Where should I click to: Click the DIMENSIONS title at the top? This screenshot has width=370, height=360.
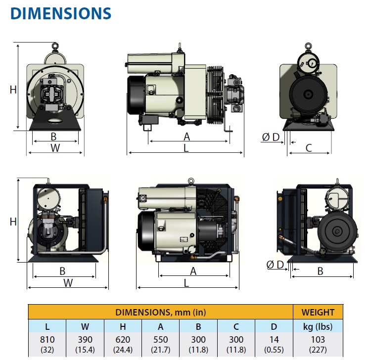(x=61, y=13)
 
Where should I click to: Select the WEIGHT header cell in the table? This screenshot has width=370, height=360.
(x=318, y=312)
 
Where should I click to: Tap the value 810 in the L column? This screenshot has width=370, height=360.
(x=47, y=339)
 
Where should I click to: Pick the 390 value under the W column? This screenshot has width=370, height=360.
(x=85, y=339)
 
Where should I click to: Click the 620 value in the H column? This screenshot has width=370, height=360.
(x=123, y=339)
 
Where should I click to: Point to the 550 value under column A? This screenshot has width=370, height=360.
(x=160, y=339)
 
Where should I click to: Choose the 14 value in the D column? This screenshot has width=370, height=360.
(x=274, y=339)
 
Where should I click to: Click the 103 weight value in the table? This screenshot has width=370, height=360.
(x=318, y=339)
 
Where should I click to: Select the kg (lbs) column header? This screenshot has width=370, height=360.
(x=318, y=327)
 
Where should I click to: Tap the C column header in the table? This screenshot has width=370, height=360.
(x=236, y=327)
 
